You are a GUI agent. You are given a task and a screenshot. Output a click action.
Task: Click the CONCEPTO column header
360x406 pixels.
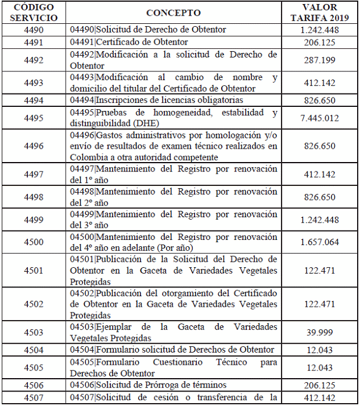click(174, 13)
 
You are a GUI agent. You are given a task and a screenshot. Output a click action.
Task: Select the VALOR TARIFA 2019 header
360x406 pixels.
click(319, 12)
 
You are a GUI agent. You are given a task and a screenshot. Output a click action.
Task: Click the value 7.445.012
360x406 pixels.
click(319, 118)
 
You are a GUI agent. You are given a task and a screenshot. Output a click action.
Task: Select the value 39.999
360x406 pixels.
click(319, 333)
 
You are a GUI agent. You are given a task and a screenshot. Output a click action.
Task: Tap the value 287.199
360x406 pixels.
click(319, 60)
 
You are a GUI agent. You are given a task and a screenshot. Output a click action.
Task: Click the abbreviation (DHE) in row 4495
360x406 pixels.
click(144, 124)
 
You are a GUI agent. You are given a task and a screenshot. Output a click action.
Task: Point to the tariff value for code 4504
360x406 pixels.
click(319, 350)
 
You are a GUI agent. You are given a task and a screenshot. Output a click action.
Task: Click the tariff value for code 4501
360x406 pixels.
click(319, 271)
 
